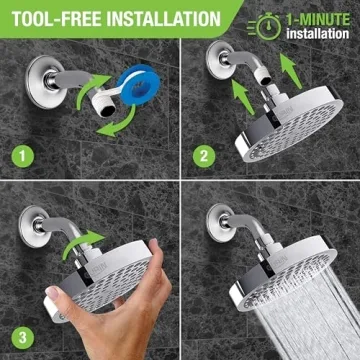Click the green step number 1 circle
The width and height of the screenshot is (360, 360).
click(22, 158)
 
